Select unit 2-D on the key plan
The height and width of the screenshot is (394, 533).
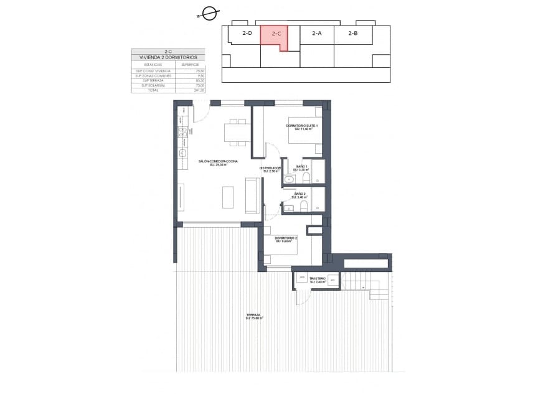click(247, 34)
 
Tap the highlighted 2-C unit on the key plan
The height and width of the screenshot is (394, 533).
click(276, 35)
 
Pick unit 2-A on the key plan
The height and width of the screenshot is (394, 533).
click(316, 34)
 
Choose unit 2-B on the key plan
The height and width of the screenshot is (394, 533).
click(352, 34)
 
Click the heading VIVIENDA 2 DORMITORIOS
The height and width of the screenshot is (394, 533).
click(168, 57)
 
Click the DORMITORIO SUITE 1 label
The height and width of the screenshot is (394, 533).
click(302, 126)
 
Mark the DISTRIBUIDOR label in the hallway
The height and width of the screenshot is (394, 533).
click(270, 168)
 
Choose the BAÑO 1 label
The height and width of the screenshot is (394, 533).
click(302, 167)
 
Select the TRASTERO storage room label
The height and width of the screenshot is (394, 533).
click(318, 279)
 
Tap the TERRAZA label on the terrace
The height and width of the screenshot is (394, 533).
click(253, 316)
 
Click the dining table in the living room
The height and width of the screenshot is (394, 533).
click(237, 133)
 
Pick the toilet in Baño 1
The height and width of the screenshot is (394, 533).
click(305, 179)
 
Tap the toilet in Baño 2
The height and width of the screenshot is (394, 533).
click(303, 206)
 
